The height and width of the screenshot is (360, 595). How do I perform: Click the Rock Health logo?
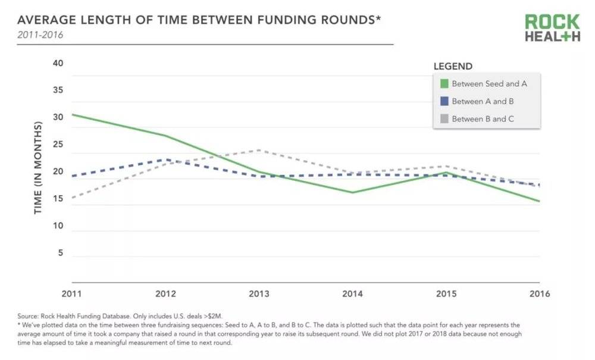tap(552, 28)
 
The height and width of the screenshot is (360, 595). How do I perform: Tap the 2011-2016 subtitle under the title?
tap(39, 35)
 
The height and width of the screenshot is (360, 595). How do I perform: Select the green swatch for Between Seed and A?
tap(443, 84)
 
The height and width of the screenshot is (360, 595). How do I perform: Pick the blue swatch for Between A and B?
tap(443, 101)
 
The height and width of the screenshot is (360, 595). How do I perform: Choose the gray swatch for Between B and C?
tap(443, 119)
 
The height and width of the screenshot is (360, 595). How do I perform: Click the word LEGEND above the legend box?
tap(453, 67)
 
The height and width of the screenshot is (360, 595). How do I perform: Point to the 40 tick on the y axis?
tap(58, 64)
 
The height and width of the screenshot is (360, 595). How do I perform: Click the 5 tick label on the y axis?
tap(60, 253)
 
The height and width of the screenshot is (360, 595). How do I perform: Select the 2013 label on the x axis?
tap(259, 294)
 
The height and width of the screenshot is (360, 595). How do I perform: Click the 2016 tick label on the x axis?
tap(539, 294)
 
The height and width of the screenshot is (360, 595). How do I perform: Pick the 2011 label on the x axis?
tap(72, 294)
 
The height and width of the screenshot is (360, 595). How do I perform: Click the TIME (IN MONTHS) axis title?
tap(39, 168)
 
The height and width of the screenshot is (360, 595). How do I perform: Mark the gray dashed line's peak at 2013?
tap(259, 150)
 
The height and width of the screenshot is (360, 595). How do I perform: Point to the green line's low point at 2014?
tap(353, 192)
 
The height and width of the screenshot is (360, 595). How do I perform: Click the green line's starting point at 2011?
tap(73, 114)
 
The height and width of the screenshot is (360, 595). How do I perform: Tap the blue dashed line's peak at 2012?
tap(167, 159)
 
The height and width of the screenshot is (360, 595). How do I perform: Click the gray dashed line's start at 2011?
tap(73, 198)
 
